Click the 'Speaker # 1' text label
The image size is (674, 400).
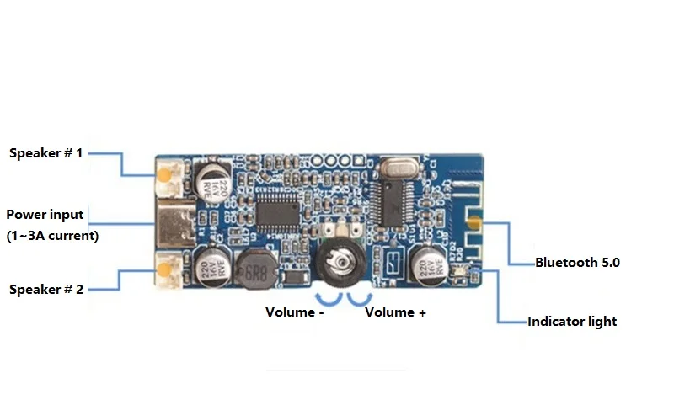(46, 153)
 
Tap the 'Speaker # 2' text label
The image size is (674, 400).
(46, 289)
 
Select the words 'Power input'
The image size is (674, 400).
(45, 215)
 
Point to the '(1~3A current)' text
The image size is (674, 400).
(52, 236)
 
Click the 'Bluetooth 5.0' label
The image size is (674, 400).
(577, 262)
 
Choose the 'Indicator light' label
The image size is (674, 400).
(571, 321)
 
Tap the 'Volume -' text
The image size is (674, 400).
(295, 312)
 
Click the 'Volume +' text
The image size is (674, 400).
(395, 312)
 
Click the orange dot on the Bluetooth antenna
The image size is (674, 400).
(476, 224)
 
